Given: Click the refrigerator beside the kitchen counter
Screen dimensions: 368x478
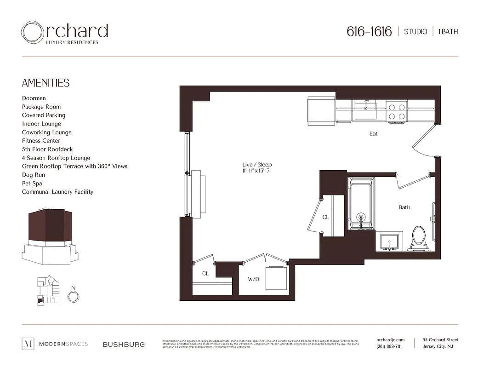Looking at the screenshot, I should pyautogui.click(x=321, y=110).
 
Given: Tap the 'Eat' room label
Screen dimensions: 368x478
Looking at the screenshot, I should pyautogui.click(x=373, y=134).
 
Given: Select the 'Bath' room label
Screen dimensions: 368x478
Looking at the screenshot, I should pyautogui.click(x=404, y=207).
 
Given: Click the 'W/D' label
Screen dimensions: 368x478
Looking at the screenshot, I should pyautogui.click(x=253, y=279).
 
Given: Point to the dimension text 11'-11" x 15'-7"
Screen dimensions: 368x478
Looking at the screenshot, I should pyautogui.click(x=260, y=171).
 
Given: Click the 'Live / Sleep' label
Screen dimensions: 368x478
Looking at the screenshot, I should pyautogui.click(x=260, y=165).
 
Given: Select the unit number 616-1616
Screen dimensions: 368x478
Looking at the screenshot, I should pyautogui.click(x=369, y=32).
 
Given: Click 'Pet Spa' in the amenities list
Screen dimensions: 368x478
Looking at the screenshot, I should pyautogui.click(x=32, y=184).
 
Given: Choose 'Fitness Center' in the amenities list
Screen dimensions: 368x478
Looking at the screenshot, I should pyautogui.click(x=41, y=141).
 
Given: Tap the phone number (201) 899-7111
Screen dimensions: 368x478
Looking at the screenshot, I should pyautogui.click(x=389, y=346).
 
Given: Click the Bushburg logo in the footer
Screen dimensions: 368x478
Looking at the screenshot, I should pyautogui.click(x=124, y=344).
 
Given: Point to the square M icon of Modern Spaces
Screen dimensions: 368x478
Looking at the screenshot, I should pyautogui.click(x=28, y=344).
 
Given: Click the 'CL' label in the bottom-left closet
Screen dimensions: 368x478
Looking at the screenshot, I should pyautogui.click(x=205, y=274).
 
